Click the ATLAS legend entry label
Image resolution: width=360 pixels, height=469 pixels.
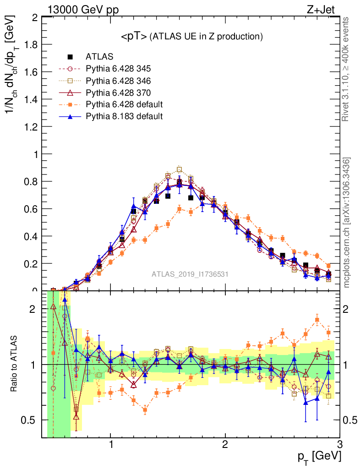point(99,57)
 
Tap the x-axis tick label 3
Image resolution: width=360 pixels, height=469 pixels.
point(339,445)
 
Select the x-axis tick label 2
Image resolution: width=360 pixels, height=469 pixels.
point(225,445)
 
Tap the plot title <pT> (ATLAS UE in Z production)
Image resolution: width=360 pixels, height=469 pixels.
point(191,37)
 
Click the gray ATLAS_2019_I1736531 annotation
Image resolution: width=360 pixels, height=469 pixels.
point(190,274)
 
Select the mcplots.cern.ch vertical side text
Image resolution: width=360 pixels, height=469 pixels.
point(347,223)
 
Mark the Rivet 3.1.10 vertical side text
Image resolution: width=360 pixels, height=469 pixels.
point(347,69)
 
